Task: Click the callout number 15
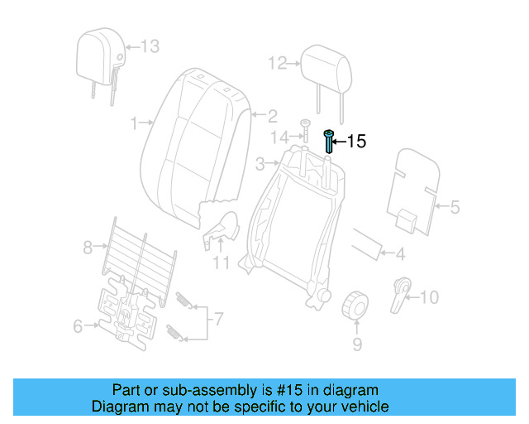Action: (355, 142)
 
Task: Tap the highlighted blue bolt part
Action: (330, 141)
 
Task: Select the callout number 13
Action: (149, 46)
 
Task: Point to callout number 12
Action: (276, 62)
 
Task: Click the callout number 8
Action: (88, 246)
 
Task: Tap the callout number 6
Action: (78, 326)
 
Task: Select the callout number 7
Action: (219, 317)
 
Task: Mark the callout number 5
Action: (455, 207)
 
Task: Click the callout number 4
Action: (400, 254)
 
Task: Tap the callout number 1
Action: (135, 123)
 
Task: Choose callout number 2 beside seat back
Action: (271, 116)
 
